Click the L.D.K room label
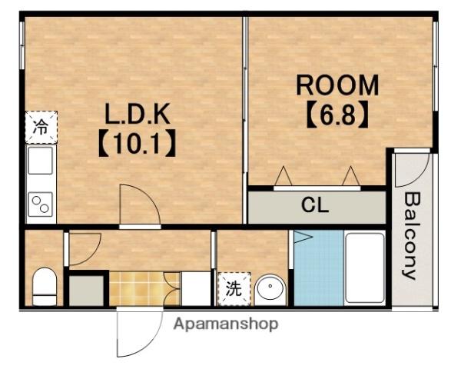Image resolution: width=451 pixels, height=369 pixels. click(x=138, y=115)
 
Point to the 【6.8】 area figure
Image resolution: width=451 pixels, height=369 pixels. click(x=337, y=117)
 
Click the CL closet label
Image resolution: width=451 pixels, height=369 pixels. click(x=314, y=206)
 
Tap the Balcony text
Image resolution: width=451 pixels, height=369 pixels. click(x=411, y=235)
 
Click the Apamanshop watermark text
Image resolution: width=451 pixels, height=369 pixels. click(x=225, y=324)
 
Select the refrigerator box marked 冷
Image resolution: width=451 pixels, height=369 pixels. click(x=40, y=128)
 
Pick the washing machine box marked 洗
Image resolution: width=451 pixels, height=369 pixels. click(x=231, y=290)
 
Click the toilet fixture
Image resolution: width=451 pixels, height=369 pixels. click(x=45, y=284)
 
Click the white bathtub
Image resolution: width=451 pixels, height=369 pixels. click(x=364, y=268)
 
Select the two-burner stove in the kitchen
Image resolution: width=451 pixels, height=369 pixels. click(x=40, y=204)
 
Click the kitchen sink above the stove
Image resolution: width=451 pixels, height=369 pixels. click(x=40, y=163)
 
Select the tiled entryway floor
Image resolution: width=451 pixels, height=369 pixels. click(x=136, y=288)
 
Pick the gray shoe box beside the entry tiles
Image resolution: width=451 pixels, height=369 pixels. click(x=86, y=290)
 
